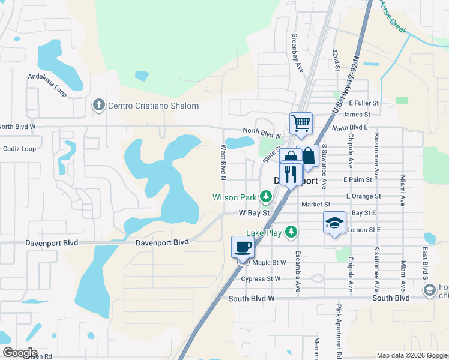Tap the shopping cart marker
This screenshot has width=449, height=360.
pos(301,124)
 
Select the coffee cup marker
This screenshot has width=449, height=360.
pos(243,247)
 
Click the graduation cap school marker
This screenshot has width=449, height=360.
pos(334,223)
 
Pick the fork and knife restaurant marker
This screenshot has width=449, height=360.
pos(291,174)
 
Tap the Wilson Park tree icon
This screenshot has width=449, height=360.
pos(265,197)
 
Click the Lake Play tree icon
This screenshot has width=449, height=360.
pos(291,232)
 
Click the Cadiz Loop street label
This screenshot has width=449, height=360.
pos(19,148)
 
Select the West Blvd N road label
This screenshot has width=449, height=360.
pos(223,163)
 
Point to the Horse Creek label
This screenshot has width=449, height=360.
pos(393,16)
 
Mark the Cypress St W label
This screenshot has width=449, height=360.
pos(261,279)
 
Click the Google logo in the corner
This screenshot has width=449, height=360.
pos(19,353)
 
